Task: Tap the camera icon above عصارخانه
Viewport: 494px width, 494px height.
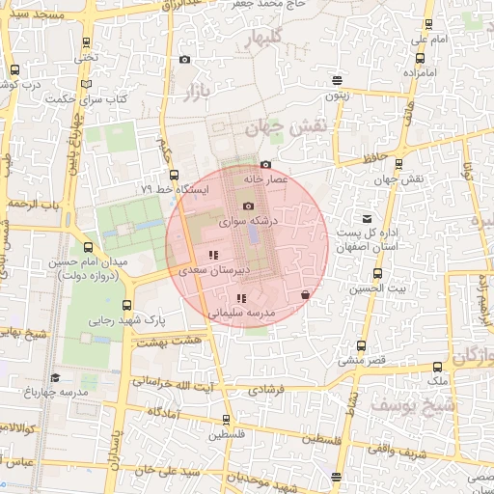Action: [x=266, y=165]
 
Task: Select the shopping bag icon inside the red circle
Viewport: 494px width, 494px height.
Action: [x=305, y=294]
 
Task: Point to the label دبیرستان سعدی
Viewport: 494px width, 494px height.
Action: [x=211, y=271]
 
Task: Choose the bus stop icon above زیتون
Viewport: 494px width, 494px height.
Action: [x=336, y=81]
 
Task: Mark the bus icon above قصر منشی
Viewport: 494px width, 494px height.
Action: [x=362, y=345]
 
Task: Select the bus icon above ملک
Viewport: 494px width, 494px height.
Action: [x=438, y=368]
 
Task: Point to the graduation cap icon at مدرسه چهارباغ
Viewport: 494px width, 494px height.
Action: [x=55, y=378]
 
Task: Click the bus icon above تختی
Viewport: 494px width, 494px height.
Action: [x=88, y=69]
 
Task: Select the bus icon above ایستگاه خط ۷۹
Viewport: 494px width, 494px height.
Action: [x=174, y=176]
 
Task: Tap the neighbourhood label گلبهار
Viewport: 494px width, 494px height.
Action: [x=266, y=40]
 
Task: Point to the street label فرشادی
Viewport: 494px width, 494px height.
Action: [x=266, y=390]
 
